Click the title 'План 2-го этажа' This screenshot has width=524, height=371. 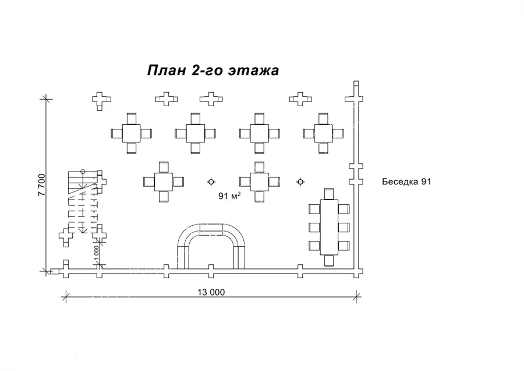[213, 71]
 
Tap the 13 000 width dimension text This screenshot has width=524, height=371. [211, 292]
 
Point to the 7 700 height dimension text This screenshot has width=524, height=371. [42, 185]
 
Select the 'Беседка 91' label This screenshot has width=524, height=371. [406, 181]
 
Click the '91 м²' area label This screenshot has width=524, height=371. [229, 195]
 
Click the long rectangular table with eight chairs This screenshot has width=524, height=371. [329, 227]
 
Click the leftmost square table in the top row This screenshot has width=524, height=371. [132, 133]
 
